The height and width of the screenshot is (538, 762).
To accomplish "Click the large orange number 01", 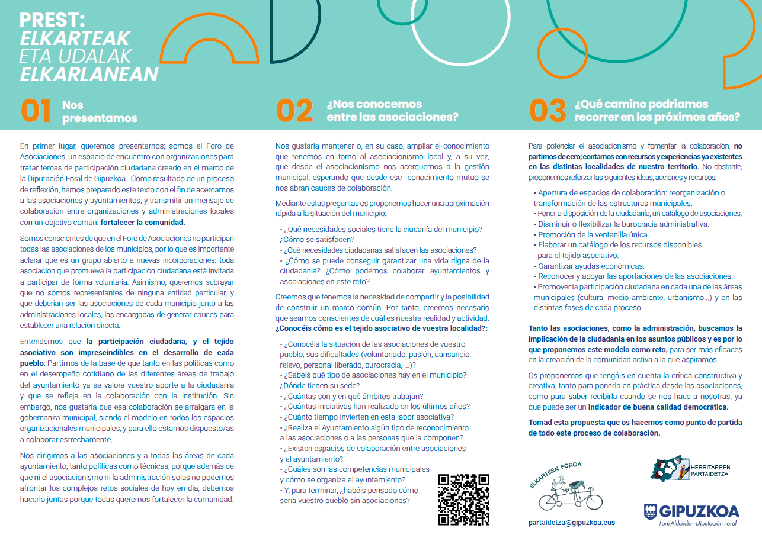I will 36,111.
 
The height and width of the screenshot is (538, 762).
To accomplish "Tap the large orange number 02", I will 294,111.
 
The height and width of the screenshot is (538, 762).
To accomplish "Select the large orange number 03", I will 547,111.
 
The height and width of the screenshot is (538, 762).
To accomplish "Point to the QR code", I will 463,500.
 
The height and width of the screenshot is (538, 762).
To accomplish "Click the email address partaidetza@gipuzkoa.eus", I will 571,523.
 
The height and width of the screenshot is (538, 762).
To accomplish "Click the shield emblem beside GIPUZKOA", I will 650,511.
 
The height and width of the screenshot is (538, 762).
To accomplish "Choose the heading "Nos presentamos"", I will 100,111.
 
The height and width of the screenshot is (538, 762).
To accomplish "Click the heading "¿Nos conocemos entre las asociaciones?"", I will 392,111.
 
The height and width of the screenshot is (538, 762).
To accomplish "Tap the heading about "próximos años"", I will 657,111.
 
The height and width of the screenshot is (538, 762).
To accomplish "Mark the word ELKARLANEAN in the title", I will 89,74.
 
